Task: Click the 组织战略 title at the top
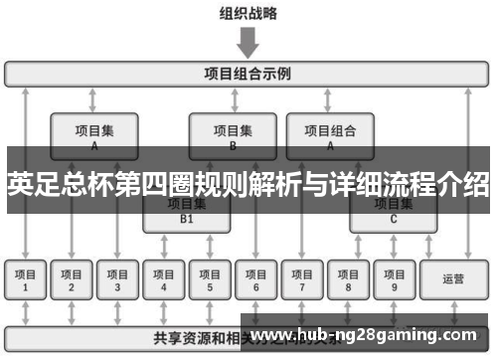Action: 248,13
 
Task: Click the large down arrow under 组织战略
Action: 248,42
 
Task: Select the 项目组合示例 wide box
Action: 248,74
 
